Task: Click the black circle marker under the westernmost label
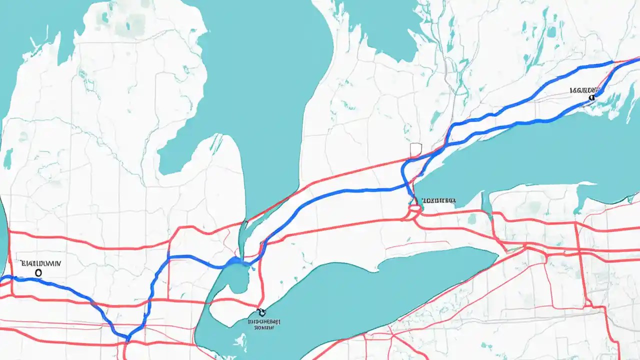pyautogui.click(x=38, y=272)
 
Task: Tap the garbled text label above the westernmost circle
pyautogui.click(x=40, y=262)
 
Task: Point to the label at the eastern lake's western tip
pyautogui.click(x=438, y=200)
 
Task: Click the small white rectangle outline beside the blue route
pyautogui.click(x=416, y=149)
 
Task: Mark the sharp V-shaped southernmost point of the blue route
pyautogui.click(x=127, y=338)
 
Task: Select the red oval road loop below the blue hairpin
pyautogui.click(x=413, y=212)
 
